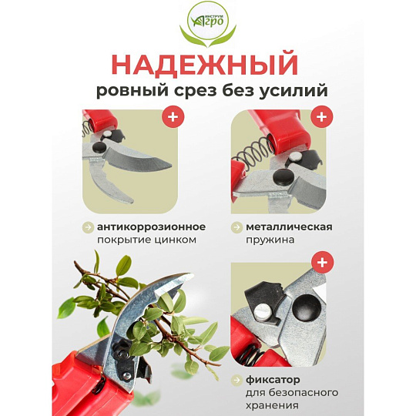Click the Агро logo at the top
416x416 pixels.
tap(208, 25)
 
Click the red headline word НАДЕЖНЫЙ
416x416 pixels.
tap(205, 65)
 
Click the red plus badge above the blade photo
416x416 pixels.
tap(173, 116)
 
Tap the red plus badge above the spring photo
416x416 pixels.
tap(321, 116)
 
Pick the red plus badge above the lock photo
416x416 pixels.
tap(322, 262)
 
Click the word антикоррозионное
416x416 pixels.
tap(151, 227)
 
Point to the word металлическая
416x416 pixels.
tap(289, 227)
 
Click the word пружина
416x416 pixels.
tap(270, 240)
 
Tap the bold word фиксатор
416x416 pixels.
tap(273, 380)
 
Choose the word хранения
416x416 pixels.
tap(272, 406)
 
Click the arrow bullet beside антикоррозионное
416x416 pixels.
tap(88, 227)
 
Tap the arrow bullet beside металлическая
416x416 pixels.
tap(237, 227)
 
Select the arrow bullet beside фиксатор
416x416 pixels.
tap(237, 380)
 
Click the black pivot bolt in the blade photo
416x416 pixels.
tap(99, 147)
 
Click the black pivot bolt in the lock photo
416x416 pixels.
tap(307, 307)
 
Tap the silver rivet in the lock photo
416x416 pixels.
tap(263, 314)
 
